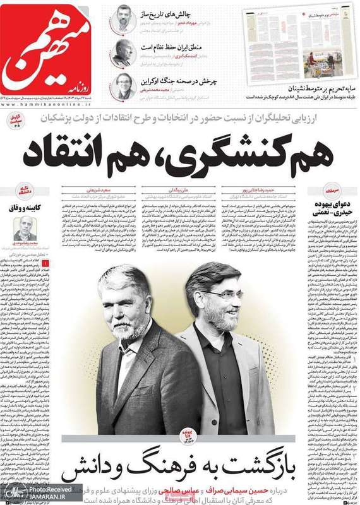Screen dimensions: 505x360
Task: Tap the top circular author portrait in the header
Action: [x=123, y=18]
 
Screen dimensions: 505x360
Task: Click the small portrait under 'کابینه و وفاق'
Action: [x=25, y=228]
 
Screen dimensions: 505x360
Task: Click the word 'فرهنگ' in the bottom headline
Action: [x=171, y=470]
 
